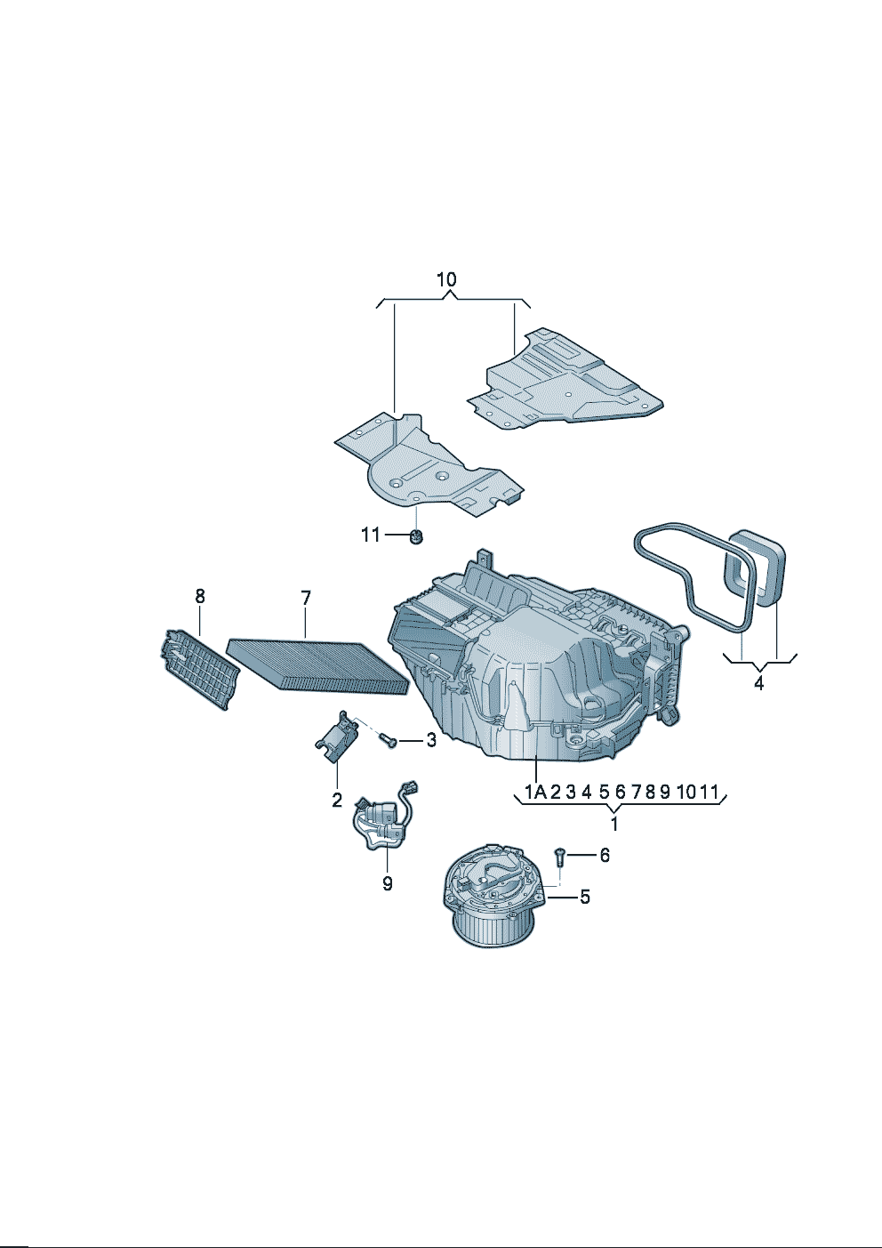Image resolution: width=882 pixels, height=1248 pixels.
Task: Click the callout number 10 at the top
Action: tap(446, 279)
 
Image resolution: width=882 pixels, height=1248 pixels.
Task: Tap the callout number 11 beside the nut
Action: tap(370, 535)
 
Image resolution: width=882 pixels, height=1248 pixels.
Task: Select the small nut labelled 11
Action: tap(415, 537)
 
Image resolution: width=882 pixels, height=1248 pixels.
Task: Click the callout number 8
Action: tap(200, 596)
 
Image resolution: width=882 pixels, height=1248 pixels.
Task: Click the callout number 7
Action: tap(306, 599)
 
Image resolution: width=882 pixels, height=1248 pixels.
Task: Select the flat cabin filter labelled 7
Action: tap(317, 667)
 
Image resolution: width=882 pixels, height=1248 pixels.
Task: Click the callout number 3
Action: tap(431, 740)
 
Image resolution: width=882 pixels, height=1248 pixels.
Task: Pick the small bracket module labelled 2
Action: tap(338, 736)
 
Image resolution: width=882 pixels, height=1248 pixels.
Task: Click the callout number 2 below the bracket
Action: tap(337, 801)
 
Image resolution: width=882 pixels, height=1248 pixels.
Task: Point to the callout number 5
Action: tap(585, 897)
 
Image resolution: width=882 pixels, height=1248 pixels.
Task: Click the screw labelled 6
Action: tap(560, 857)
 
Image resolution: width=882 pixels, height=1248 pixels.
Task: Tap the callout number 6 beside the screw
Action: tap(605, 855)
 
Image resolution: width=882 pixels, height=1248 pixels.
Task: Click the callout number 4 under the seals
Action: tap(759, 683)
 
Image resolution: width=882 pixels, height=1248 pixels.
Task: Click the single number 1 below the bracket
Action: tap(614, 825)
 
